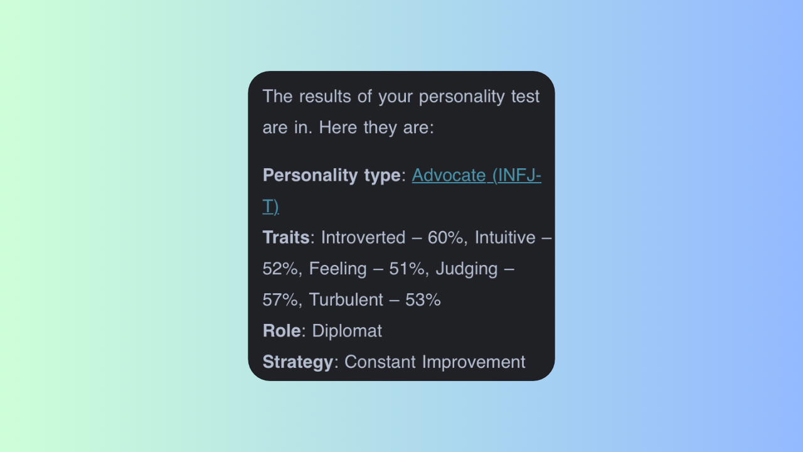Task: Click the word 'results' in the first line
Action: (325, 97)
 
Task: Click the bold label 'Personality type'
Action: (332, 176)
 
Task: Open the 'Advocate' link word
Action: (449, 175)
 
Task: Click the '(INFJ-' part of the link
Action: (517, 176)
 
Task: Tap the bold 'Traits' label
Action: (286, 237)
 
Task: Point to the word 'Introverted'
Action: (363, 237)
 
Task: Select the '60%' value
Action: (445, 237)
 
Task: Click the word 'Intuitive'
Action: (505, 237)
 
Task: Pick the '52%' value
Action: (280, 269)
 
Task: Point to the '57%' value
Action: (280, 300)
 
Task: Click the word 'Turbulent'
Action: (346, 300)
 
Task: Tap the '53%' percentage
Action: (423, 300)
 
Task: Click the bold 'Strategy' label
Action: (298, 362)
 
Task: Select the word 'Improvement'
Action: (474, 362)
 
